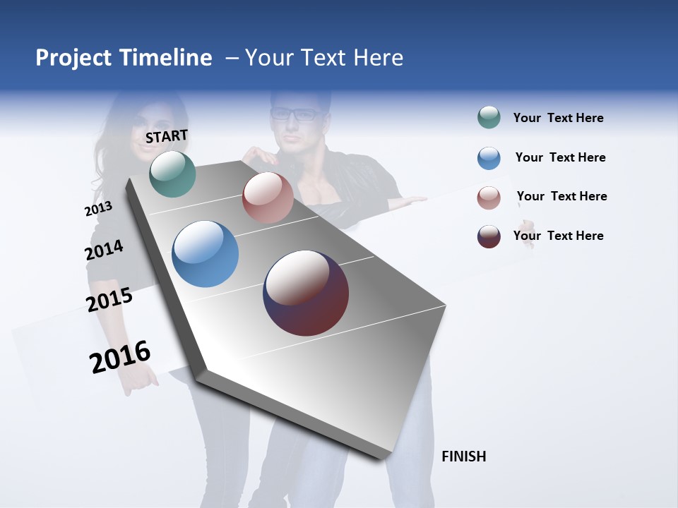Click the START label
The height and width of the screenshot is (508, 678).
tap(167, 136)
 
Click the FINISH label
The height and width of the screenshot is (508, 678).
tap(463, 456)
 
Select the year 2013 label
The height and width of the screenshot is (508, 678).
tap(98, 209)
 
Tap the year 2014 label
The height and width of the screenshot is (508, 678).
tap(104, 250)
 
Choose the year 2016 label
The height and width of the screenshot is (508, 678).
tap(120, 357)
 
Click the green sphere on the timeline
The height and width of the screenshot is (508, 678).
tap(172, 174)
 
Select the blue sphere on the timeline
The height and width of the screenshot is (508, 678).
tap(205, 254)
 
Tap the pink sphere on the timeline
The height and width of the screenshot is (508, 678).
tap(268, 198)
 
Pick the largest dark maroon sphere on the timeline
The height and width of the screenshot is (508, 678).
tap(306, 293)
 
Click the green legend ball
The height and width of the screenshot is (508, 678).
tap(489, 118)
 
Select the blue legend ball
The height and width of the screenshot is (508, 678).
tap(489, 158)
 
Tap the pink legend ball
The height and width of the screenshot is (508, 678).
tap(489, 198)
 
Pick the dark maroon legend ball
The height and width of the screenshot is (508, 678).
tap(489, 236)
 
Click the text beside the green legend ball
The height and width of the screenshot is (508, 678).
tap(558, 119)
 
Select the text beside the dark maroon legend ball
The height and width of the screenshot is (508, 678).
tap(558, 236)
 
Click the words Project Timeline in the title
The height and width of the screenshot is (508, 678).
tap(124, 58)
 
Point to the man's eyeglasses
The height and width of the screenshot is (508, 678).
tap(295, 114)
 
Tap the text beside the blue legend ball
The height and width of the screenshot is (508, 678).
tap(560, 157)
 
